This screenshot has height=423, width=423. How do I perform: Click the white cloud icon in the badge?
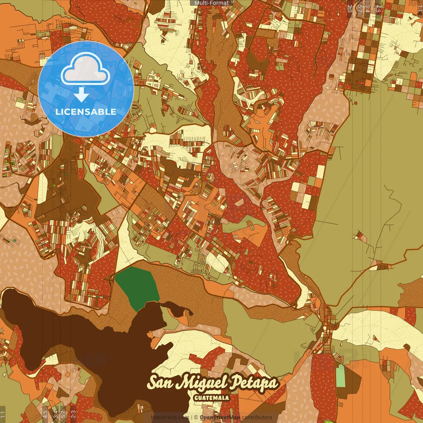click(86, 69)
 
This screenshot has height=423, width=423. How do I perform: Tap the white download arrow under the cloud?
click(81, 96)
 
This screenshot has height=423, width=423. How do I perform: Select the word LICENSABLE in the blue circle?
click(86, 112)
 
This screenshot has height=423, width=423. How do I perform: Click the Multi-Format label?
click(211, 3)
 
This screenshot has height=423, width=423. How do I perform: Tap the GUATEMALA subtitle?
click(212, 398)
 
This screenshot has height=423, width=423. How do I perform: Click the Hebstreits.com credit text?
click(170, 417)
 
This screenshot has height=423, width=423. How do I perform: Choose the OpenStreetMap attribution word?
click(220, 417)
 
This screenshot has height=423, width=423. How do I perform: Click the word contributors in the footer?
click(257, 417)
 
